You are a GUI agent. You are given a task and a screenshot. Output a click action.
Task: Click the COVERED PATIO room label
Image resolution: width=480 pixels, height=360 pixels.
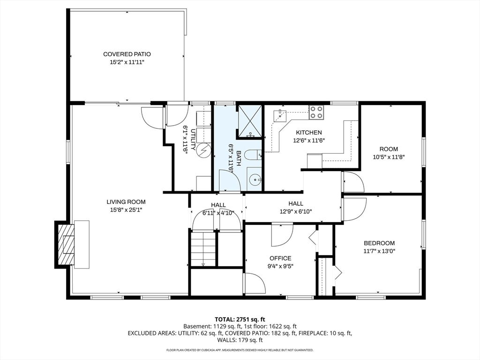coord(127,54)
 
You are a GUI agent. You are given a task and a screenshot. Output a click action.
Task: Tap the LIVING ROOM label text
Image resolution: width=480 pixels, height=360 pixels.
coord(126,202)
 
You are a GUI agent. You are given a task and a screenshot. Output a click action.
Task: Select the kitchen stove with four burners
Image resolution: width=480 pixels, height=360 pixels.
coord(316,112)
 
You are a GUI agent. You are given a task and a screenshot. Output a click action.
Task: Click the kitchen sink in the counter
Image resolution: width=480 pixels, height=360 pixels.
coord(279,114)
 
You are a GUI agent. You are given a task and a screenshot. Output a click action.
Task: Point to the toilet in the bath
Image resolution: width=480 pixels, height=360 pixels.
coord(253,155)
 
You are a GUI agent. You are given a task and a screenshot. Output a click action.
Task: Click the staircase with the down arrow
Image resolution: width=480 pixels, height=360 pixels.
coord(203,249)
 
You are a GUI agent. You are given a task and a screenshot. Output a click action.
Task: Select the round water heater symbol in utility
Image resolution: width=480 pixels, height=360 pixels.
coord(204,150)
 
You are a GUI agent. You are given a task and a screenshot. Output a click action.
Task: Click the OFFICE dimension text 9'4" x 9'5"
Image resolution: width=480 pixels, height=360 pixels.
coord(280,266)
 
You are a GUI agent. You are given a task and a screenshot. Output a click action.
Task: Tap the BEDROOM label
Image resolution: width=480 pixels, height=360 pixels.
coord(379,243)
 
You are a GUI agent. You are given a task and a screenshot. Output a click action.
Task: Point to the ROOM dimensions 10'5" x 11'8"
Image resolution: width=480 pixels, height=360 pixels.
coord(389,157)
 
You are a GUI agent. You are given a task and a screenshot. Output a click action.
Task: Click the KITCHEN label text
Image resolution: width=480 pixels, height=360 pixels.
coord(308,133)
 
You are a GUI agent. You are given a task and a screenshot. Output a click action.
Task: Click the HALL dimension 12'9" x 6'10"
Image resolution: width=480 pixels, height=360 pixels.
coord(296,211)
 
